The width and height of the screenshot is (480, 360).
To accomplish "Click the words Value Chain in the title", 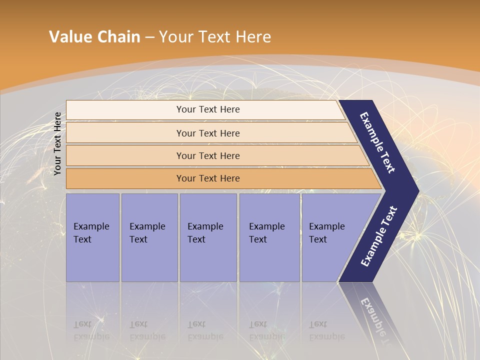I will click(x=94, y=37).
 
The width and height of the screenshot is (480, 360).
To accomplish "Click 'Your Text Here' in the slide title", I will click(x=215, y=37).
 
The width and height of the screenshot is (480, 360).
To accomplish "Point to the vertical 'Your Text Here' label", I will click(x=58, y=144).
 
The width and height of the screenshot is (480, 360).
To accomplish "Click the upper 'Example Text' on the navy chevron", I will click(x=377, y=142).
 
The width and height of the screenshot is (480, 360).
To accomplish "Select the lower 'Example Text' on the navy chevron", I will click(x=379, y=236).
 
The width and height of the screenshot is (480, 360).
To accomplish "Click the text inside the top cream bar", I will click(x=208, y=109).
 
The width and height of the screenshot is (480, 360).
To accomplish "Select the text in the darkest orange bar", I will click(x=208, y=178).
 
